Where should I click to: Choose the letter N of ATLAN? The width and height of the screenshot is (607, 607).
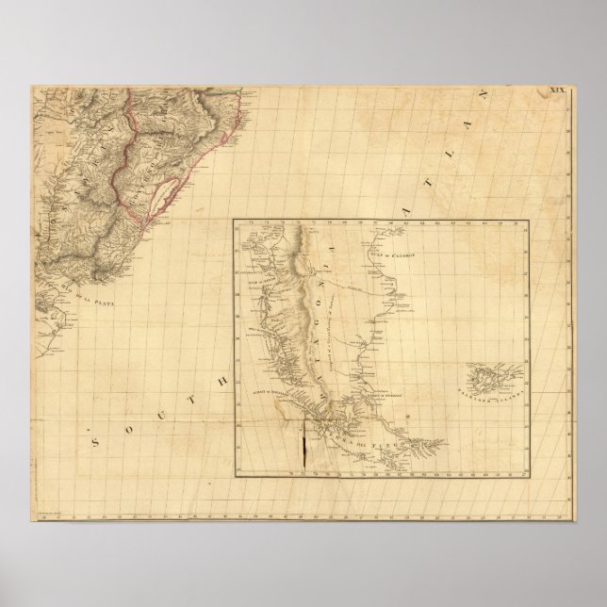514,94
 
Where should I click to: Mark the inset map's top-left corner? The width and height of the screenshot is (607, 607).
235,221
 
